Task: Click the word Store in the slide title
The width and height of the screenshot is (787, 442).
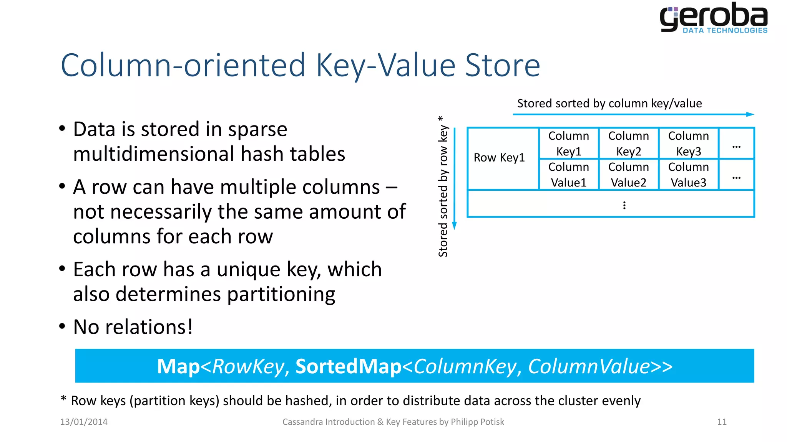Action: [502, 65]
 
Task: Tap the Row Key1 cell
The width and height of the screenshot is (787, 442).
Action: [499, 158]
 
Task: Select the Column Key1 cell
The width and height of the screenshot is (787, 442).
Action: [568, 143]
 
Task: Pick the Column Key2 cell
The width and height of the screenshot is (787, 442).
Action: [628, 143]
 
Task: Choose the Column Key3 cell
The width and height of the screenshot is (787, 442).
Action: [688, 143]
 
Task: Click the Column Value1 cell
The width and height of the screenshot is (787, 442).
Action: [568, 175]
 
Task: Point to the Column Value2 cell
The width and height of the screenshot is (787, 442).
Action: [628, 175]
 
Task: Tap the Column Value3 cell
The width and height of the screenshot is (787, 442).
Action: [688, 175]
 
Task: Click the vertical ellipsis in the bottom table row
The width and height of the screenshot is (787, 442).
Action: [624, 205]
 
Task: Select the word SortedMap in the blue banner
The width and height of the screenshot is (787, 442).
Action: [348, 366]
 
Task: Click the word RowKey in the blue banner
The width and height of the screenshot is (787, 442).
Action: [248, 366]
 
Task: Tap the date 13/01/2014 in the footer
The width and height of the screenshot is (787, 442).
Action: [84, 422]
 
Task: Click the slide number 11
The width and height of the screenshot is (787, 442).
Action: [722, 422]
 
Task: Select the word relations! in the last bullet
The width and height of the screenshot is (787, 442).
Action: [149, 327]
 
